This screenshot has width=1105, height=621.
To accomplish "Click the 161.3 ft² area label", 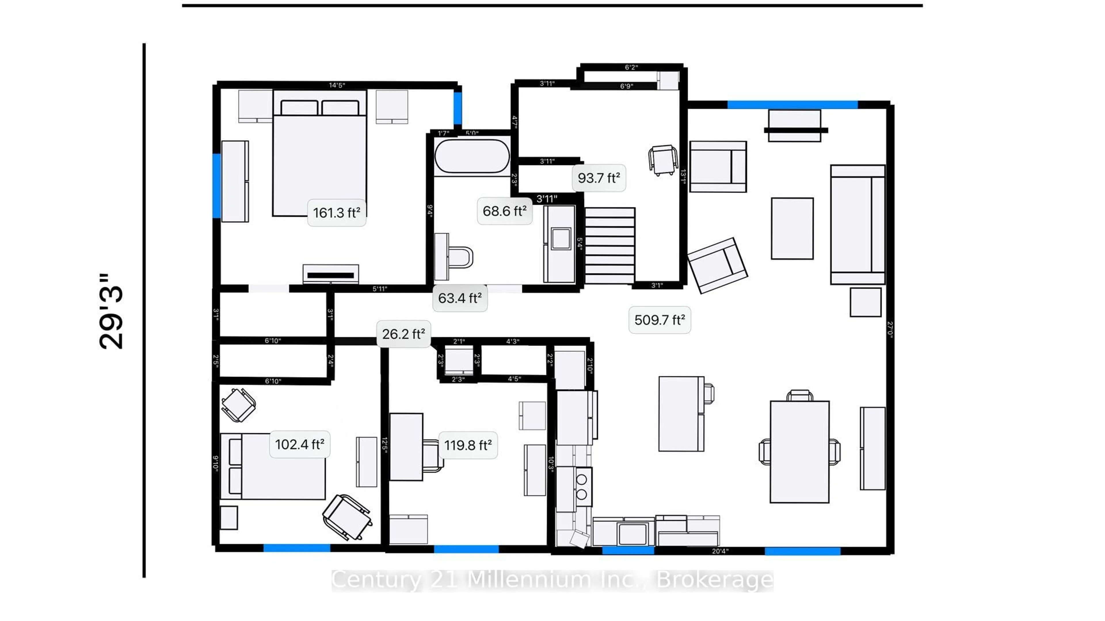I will coord(337,212).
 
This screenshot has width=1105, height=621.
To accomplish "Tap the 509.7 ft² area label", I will coord(659,320).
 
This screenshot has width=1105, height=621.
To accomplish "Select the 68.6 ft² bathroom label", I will coord(504,211).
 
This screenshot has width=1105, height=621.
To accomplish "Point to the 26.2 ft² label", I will coord(403,334).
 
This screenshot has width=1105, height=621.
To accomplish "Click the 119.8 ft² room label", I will coord(468,445).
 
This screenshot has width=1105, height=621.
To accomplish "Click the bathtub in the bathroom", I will coord(472,156).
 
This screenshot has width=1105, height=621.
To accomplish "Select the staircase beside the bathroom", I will coord(609,246).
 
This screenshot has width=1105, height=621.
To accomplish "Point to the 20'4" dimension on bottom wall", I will coord(720,551).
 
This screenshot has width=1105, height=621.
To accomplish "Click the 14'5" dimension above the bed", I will coord(337,85).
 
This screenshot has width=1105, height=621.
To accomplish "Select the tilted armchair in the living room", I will coord(717,266).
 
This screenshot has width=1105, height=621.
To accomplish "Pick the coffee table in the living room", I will coord(792,229).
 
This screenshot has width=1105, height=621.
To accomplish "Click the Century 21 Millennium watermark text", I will coord(552,580).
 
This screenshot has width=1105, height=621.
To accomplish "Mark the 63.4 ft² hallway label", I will coord(460,298).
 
